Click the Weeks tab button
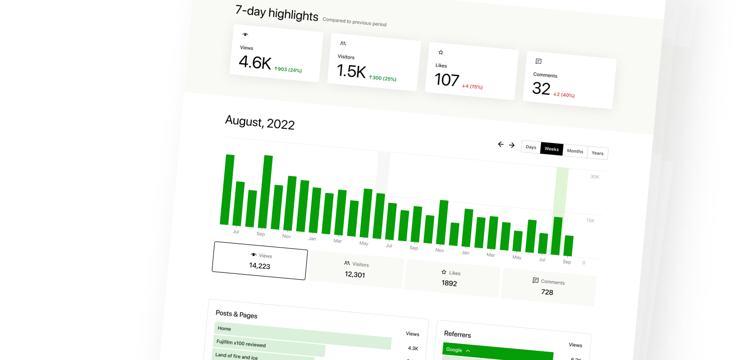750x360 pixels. point(551,149)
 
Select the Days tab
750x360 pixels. point(531,147)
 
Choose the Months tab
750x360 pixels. point(575,151)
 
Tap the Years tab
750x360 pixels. point(597,153)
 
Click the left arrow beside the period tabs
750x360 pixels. point(501,144)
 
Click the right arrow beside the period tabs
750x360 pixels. point(512,145)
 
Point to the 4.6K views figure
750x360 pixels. point(255,63)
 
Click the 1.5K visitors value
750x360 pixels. point(351,71)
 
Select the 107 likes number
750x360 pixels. point(447,80)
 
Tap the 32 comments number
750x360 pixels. point(541,89)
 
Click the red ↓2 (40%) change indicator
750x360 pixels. point(564,95)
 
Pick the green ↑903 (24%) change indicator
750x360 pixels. point(288,70)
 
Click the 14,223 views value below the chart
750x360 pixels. point(259,266)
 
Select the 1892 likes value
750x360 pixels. point(449,283)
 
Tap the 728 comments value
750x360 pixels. point(547,292)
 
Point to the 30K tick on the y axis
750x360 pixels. point(595,177)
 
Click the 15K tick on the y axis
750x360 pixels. point(590,220)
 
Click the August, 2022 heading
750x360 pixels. point(260,122)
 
